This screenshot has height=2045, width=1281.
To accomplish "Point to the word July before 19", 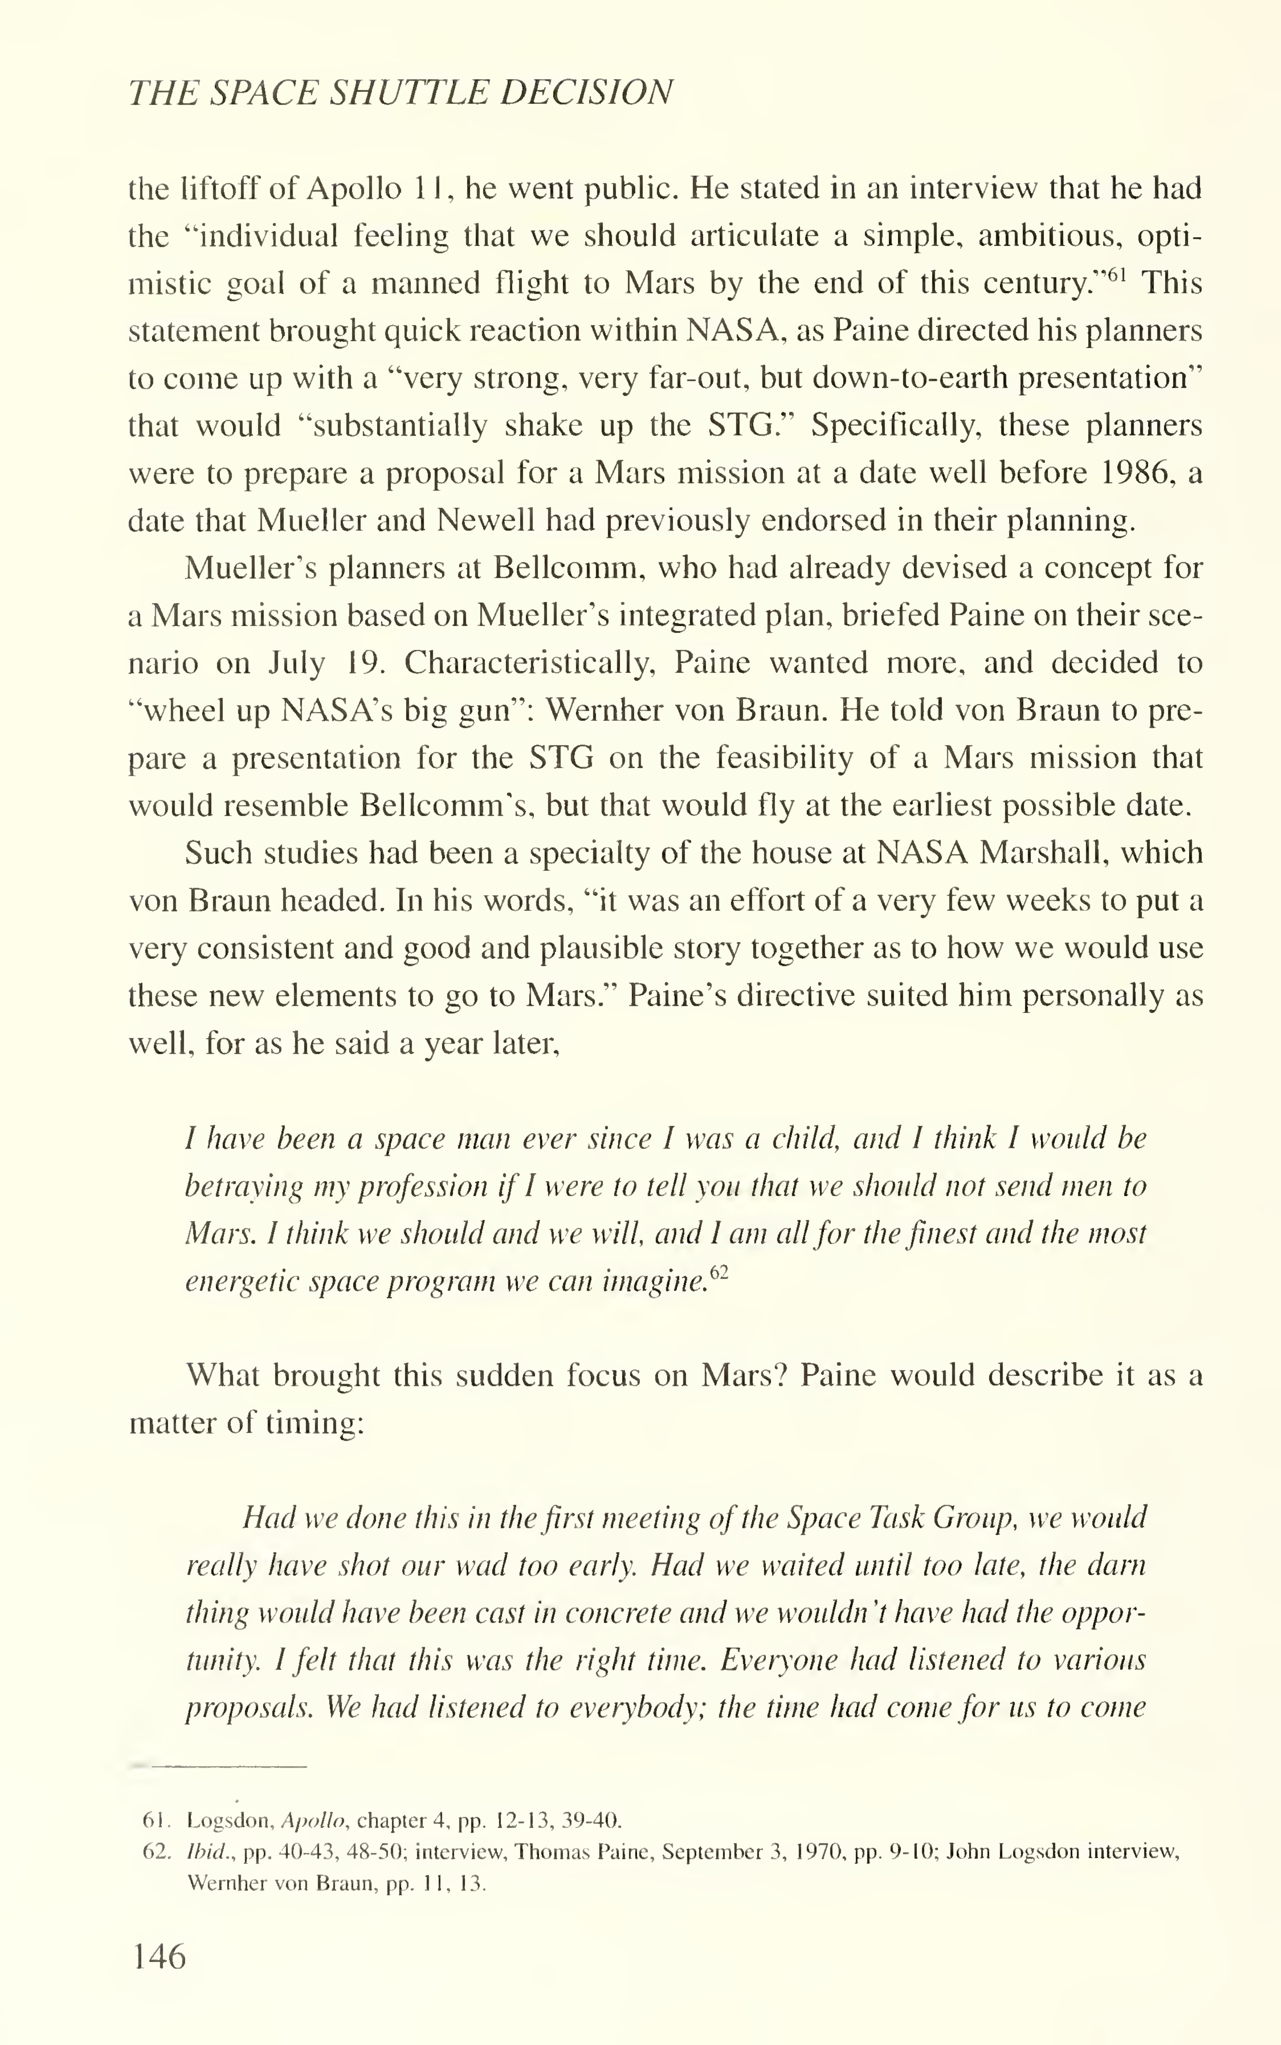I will [x=296, y=662].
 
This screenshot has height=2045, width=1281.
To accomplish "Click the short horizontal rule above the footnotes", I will [x=219, y=1766].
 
